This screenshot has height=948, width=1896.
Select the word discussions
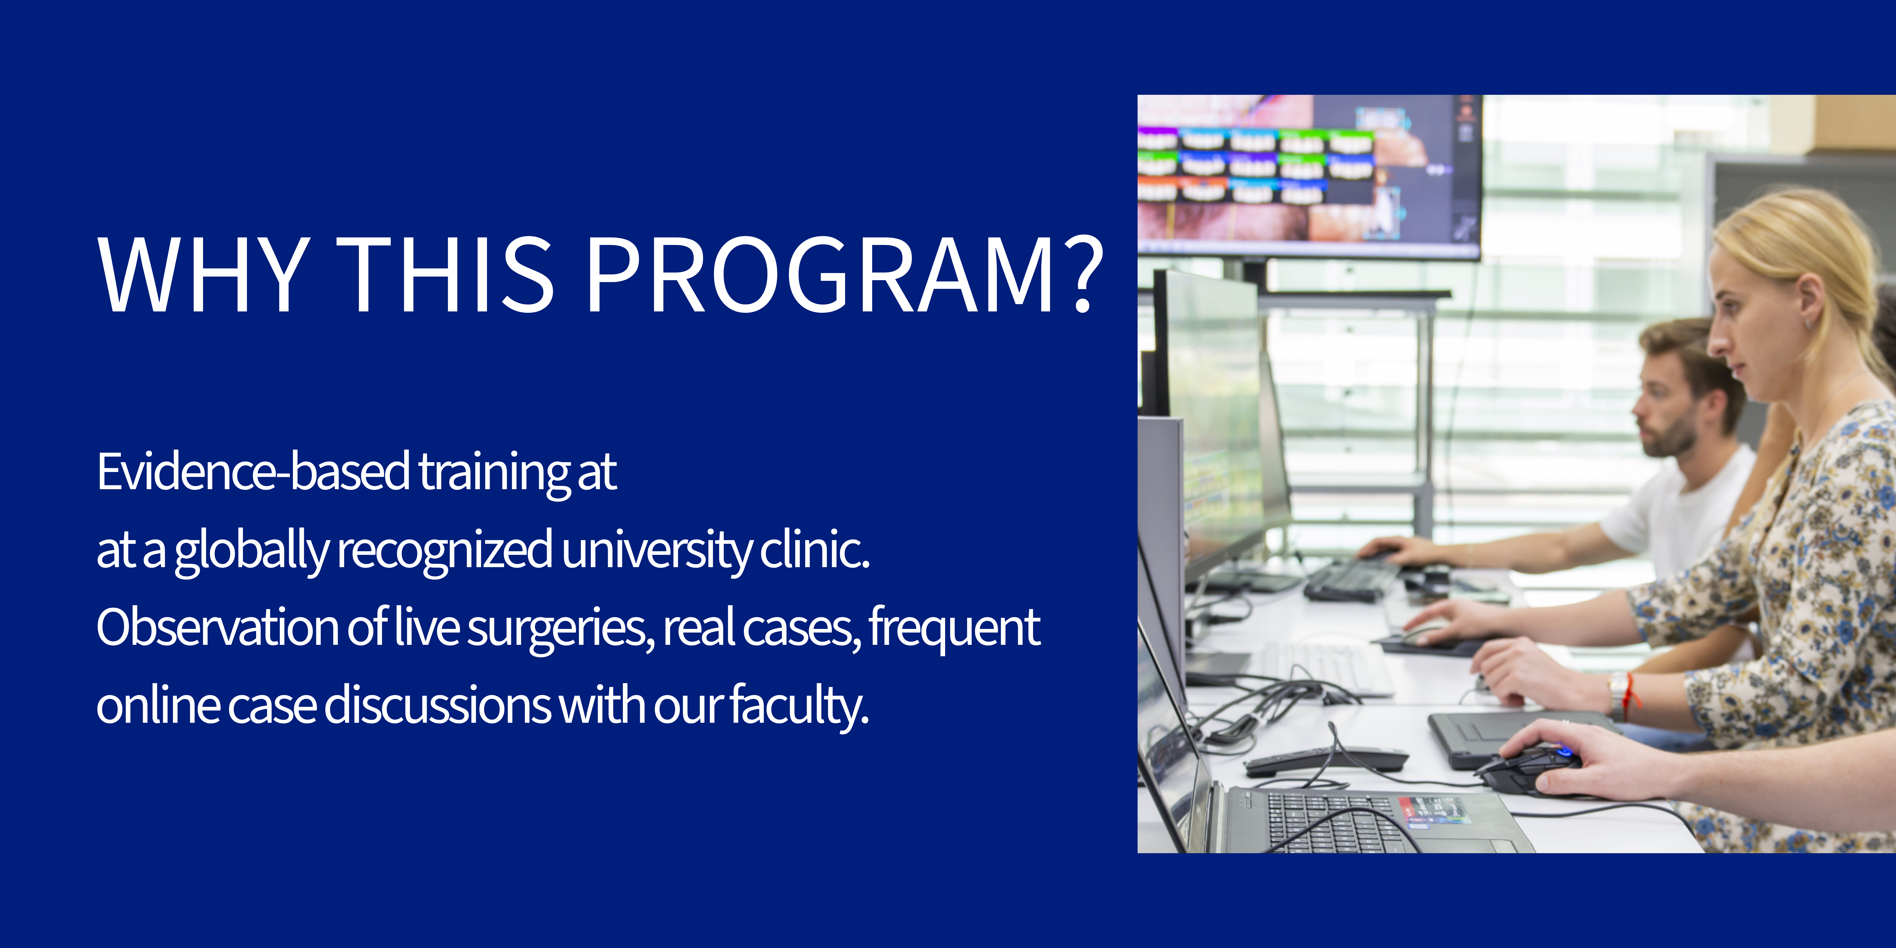437,705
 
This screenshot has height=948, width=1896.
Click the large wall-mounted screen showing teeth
1310,177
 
